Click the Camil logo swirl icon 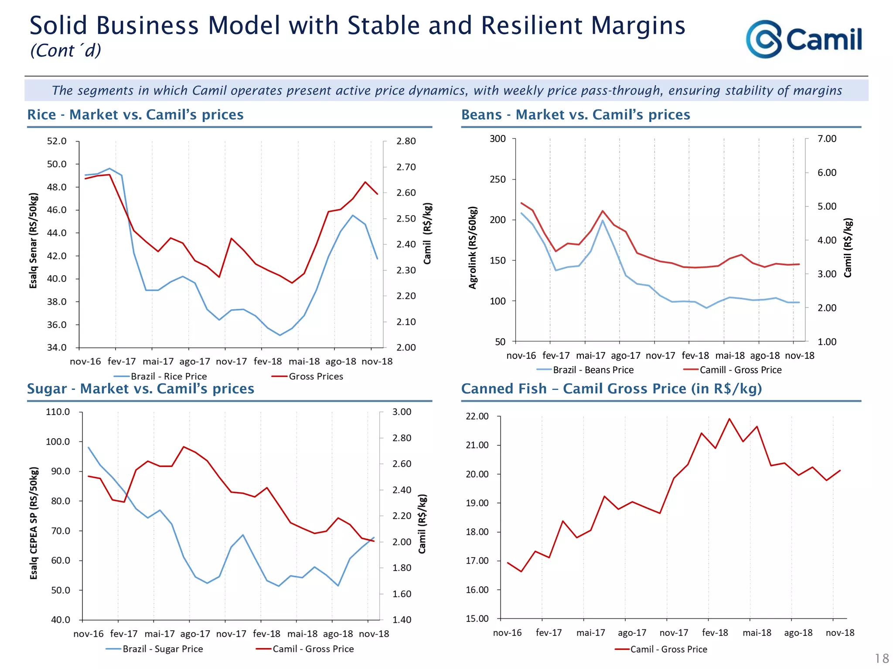click(764, 39)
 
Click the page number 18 click(882, 658)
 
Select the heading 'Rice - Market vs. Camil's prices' click(135, 115)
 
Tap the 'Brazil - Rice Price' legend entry click(168, 376)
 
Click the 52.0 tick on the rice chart click(57, 141)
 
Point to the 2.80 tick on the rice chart click(406, 141)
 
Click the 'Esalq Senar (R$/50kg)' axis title click(33, 240)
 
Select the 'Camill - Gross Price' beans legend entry click(740, 370)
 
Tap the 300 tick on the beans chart click(498, 139)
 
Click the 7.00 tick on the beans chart click(827, 139)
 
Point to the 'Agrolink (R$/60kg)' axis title click(473, 247)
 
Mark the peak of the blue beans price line click(603, 220)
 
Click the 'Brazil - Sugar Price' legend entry click(162, 649)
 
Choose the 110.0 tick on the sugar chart click(58, 412)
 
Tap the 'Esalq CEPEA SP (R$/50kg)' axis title click(34, 523)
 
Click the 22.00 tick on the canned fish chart click(477, 416)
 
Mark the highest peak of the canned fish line click(729, 419)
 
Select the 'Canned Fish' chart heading click(611, 389)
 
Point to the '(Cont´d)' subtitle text click(65, 51)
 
